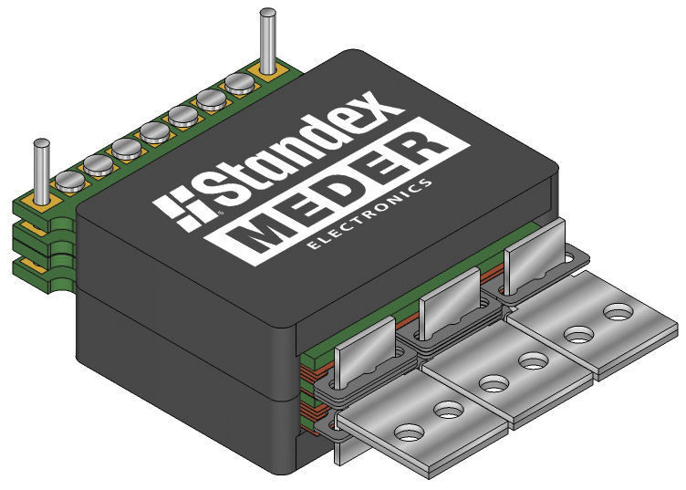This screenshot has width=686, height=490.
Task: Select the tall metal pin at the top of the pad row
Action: click(x=267, y=41)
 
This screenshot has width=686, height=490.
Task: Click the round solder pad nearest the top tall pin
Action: click(x=239, y=84)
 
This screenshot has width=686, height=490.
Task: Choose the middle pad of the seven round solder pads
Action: click(x=154, y=132)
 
